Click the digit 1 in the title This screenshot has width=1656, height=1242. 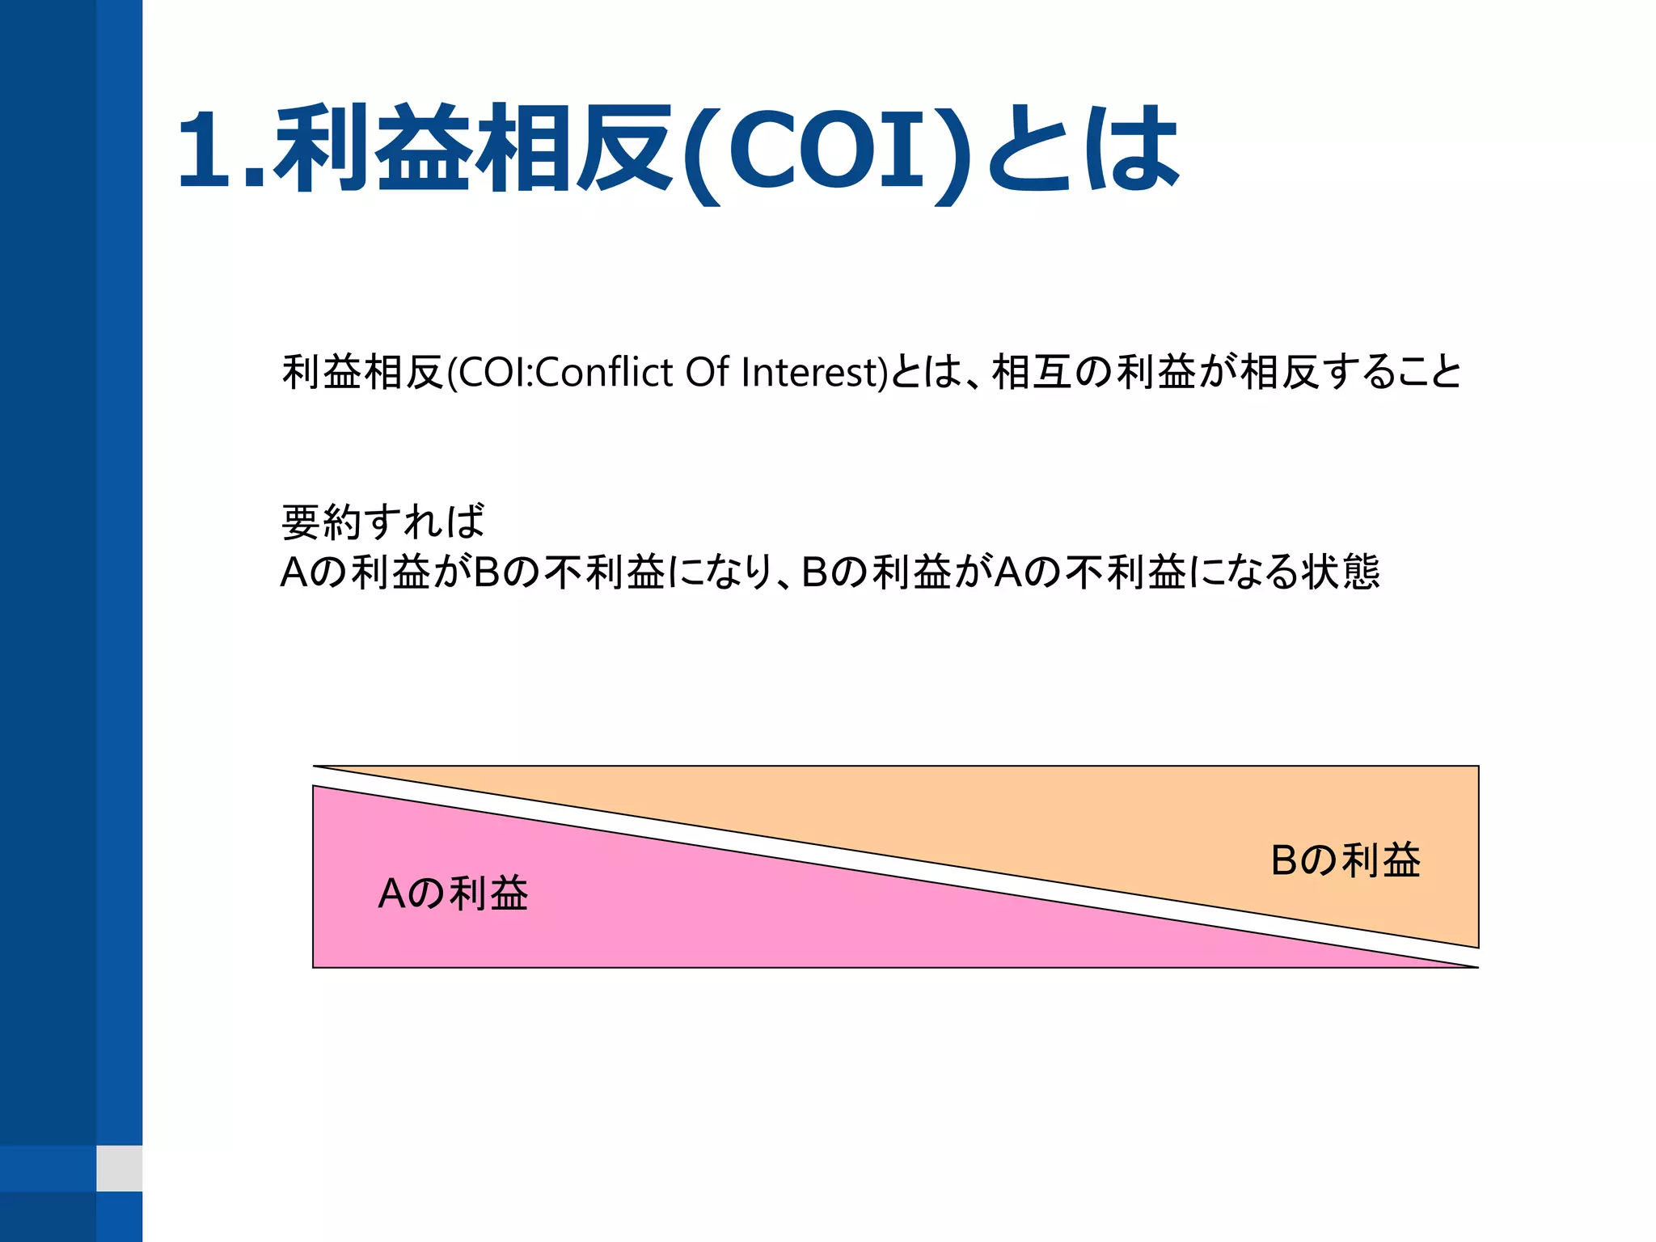pos(206,150)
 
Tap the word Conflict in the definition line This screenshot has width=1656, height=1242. pos(603,373)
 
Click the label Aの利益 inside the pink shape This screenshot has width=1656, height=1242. pos(453,894)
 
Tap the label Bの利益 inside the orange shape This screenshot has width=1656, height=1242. pos(1345,860)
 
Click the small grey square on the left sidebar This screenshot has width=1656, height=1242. pos(119,1168)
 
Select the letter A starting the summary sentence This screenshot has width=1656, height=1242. pos(294,572)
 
